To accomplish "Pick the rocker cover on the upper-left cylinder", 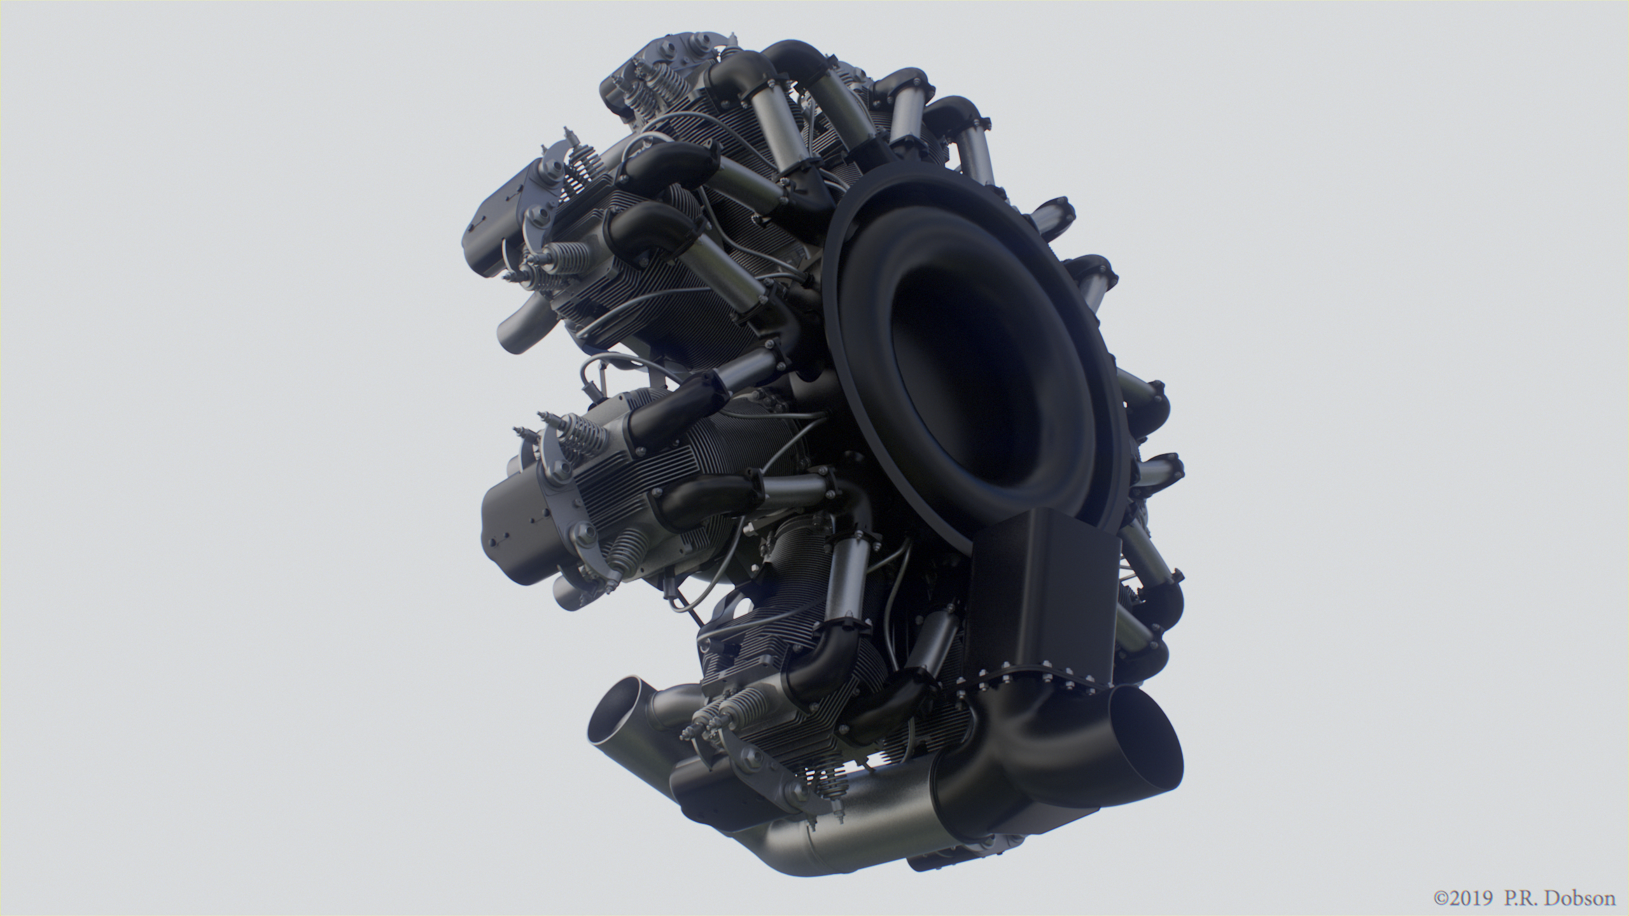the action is [500, 223].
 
